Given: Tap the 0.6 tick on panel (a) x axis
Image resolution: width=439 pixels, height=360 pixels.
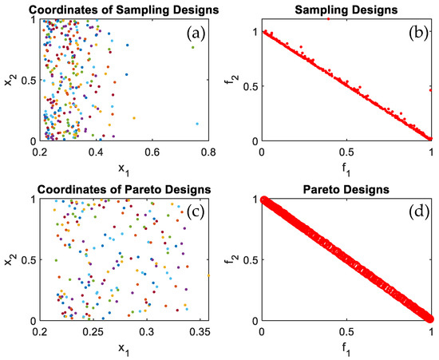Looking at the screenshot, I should point(153,152).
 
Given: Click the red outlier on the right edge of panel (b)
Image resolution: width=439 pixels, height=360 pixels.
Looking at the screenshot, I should point(430,90).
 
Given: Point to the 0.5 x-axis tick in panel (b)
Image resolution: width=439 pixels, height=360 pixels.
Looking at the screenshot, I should point(346,152).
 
